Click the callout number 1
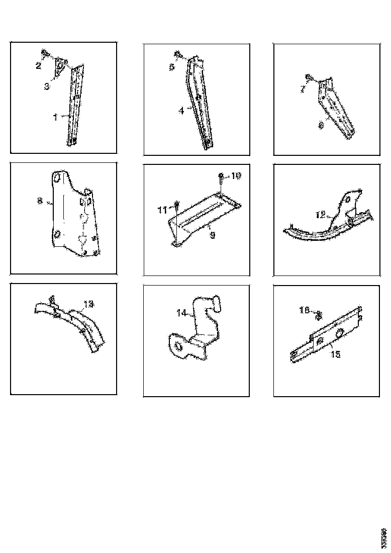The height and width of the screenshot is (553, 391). pyautogui.click(x=55, y=117)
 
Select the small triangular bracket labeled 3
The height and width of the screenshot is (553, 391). pyautogui.click(x=60, y=67)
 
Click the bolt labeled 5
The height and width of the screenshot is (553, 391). pyautogui.click(x=178, y=54)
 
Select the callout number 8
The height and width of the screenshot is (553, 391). pyautogui.click(x=39, y=202)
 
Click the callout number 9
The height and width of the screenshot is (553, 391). pyautogui.click(x=212, y=235)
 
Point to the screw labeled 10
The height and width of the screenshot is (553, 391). pyautogui.click(x=221, y=176)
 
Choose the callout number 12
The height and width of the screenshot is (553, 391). pyautogui.click(x=321, y=215)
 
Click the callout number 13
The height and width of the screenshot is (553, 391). pyautogui.click(x=88, y=304)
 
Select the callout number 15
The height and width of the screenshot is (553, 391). pyautogui.click(x=335, y=354)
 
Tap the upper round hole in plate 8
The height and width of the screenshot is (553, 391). pyautogui.click(x=57, y=177)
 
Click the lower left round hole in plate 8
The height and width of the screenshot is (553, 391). pyautogui.click(x=57, y=234)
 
